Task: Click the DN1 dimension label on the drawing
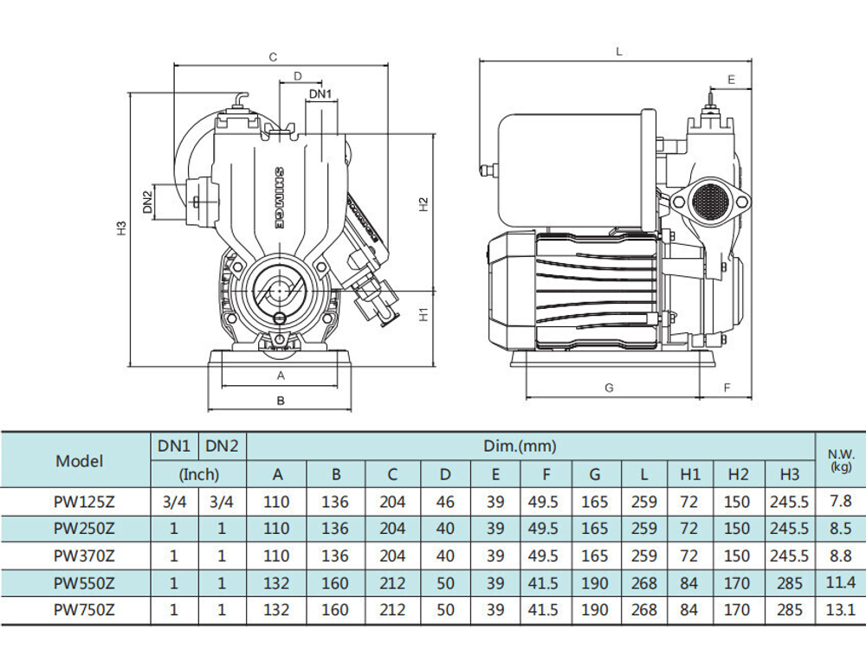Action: (x=320, y=93)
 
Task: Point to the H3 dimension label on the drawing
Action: (x=122, y=228)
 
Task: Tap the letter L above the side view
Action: (x=619, y=52)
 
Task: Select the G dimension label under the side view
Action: (x=609, y=388)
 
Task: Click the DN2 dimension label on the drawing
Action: (x=147, y=202)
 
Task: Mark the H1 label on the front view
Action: (x=423, y=314)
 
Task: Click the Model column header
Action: (x=79, y=460)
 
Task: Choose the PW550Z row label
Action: (x=84, y=582)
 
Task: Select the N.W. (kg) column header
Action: (x=841, y=460)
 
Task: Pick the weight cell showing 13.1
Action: (x=841, y=609)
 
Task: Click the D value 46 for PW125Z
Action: (x=445, y=501)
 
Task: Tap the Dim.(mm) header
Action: (x=520, y=446)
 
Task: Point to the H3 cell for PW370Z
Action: (x=790, y=556)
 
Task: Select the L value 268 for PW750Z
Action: (x=644, y=609)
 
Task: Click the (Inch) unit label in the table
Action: (x=199, y=474)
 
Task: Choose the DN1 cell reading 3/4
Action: (x=175, y=501)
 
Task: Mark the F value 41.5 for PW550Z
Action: (x=543, y=582)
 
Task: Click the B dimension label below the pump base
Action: (x=281, y=401)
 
